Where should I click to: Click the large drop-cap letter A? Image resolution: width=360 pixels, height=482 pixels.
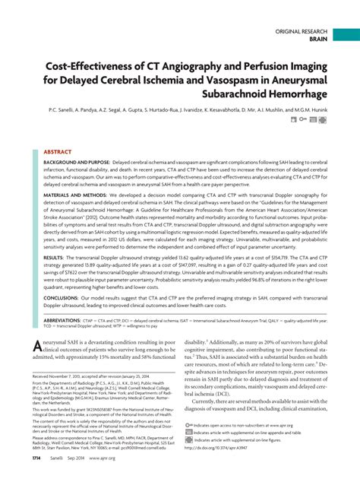point(36,347)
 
